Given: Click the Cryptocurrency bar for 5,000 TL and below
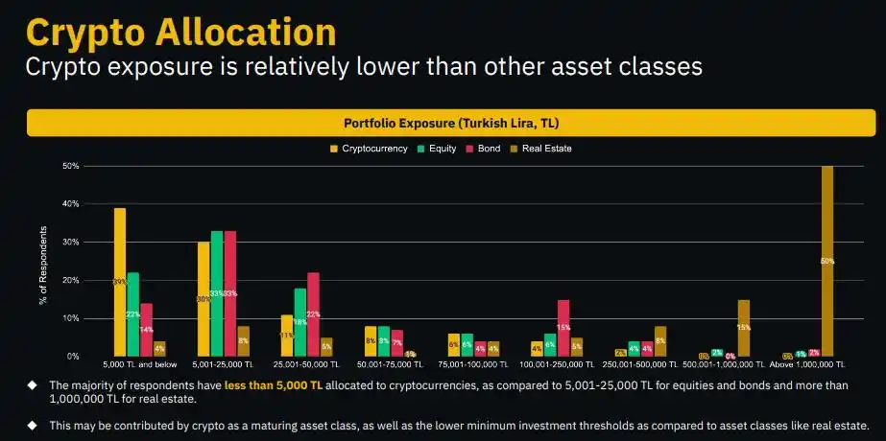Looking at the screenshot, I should (x=120, y=282).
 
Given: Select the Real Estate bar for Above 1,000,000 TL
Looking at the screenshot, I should (x=826, y=261).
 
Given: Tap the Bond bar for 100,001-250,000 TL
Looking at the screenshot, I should (x=563, y=328).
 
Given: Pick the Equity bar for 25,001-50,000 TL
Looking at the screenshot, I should (x=300, y=322).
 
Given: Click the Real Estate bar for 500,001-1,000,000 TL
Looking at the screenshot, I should (x=743, y=328).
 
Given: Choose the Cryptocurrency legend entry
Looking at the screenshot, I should (x=369, y=149).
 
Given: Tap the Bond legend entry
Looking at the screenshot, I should (x=485, y=149).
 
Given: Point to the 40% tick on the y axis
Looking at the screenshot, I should (x=71, y=204).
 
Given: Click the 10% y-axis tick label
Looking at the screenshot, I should (x=71, y=318).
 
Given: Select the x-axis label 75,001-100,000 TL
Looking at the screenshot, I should (x=473, y=365).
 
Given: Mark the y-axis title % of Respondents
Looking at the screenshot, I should (x=43, y=267).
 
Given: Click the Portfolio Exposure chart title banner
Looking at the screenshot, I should (x=451, y=123).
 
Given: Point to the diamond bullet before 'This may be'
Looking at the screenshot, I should (x=32, y=424).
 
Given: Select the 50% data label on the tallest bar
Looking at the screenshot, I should (x=826, y=261).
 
